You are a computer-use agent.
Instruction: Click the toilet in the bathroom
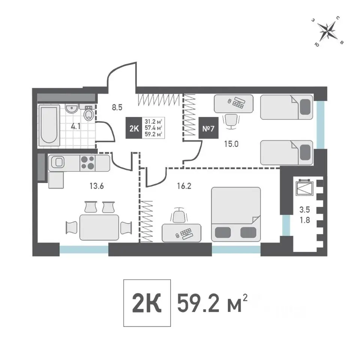point(88,113)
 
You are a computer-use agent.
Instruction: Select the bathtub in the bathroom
point(49,125)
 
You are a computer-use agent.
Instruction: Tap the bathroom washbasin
point(72,108)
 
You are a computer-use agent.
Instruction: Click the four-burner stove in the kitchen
point(88,163)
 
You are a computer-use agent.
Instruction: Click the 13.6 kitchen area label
point(97,186)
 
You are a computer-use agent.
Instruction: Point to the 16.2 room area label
point(184,186)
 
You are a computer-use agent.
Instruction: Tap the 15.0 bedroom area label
point(231,144)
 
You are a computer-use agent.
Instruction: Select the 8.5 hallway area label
point(117,108)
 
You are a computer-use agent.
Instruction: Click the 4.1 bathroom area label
point(76,126)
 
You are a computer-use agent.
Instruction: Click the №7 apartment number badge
point(208,128)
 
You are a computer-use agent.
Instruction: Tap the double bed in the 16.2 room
point(236,214)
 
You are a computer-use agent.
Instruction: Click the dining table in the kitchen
point(99,227)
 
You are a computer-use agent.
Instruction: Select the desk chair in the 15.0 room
point(231,121)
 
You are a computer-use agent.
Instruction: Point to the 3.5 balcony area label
point(304,209)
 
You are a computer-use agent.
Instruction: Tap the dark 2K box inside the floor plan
point(134,128)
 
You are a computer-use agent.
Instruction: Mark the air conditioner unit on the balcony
point(304,187)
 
